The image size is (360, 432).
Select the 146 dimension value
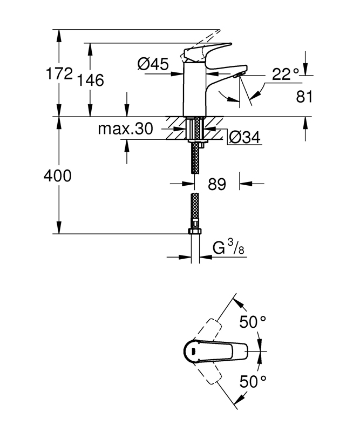(x=91, y=80)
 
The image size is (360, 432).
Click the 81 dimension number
(x=305, y=97)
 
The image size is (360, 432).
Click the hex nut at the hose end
(x=195, y=232)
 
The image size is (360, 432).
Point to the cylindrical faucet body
(x=195, y=89)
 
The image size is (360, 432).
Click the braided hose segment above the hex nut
(x=195, y=211)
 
